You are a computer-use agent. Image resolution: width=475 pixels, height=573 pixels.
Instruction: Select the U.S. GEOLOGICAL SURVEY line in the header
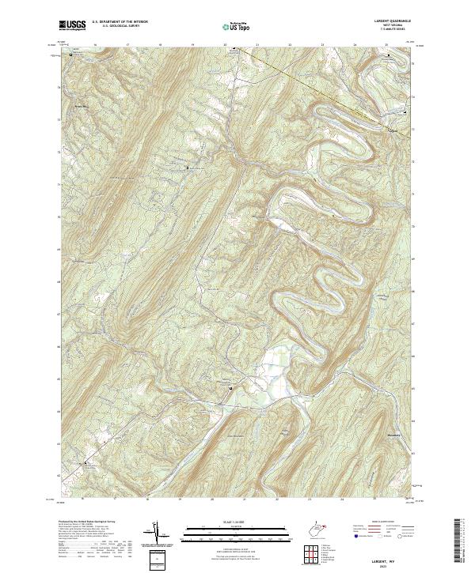[117, 27]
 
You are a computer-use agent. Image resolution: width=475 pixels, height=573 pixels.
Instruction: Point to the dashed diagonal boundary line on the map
[317, 87]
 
